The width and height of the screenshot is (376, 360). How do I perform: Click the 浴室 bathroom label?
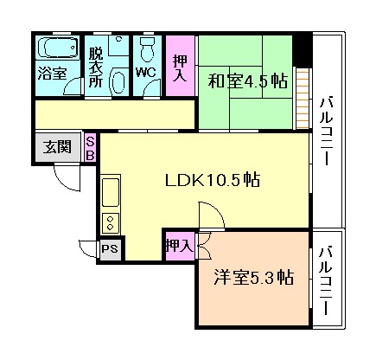(51, 74)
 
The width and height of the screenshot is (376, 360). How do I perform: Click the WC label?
(145, 72)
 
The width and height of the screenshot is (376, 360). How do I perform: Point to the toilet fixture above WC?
(146, 47)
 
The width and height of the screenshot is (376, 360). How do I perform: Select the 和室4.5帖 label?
(247, 82)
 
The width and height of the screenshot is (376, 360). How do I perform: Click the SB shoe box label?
(90, 148)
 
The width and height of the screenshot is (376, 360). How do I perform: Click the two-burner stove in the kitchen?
(112, 222)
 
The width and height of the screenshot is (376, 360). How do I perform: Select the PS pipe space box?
(109, 249)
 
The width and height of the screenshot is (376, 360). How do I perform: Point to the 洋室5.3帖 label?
(253, 278)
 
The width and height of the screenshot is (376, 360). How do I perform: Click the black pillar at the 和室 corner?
(302, 49)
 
